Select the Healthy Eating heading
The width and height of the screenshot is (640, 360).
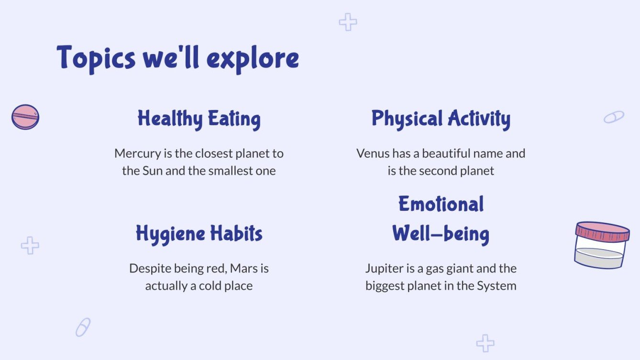(199, 119)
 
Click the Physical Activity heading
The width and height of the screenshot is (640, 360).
(441, 119)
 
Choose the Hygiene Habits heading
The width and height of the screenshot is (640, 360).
(199, 234)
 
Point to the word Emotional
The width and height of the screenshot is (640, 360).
(441, 204)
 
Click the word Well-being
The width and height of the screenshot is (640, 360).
(441, 234)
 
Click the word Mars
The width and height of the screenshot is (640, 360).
(244, 268)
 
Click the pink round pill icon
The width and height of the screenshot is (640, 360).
(25, 117)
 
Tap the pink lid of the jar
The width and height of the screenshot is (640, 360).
(602, 231)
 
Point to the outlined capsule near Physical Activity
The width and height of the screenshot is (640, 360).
(614, 117)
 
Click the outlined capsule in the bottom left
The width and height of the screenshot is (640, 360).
(83, 327)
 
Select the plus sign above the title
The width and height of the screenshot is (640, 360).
(348, 22)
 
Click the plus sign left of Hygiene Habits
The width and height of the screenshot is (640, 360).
(30, 245)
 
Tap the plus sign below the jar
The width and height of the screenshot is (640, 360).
(485, 343)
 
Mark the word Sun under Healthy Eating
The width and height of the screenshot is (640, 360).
(153, 171)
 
